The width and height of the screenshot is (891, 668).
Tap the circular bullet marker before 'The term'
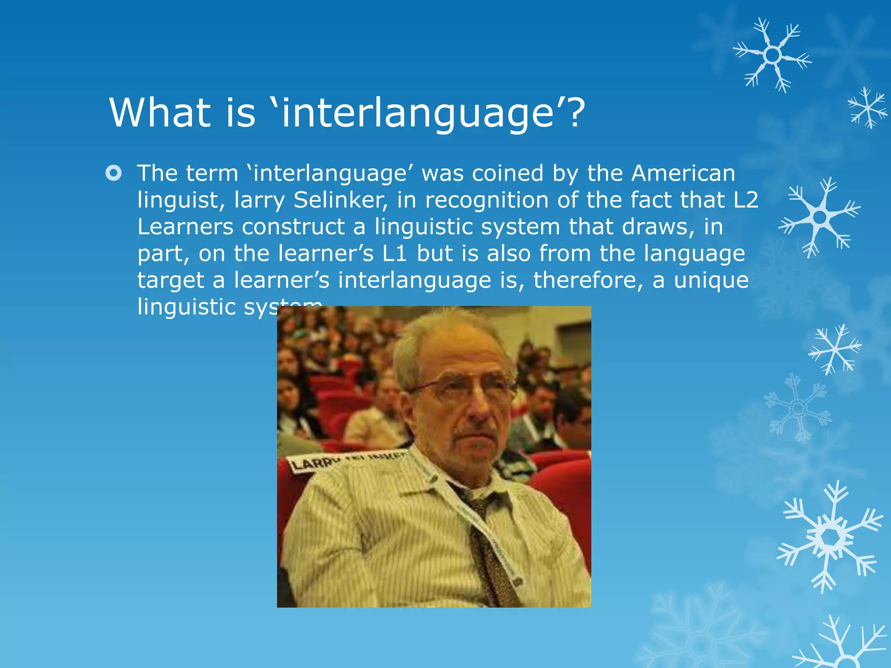(114, 173)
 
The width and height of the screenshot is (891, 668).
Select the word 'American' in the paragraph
(683, 173)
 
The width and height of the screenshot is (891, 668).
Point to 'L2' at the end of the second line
(746, 200)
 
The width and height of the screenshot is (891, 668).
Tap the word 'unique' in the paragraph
(711, 280)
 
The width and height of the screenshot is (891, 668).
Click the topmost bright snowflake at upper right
(772, 55)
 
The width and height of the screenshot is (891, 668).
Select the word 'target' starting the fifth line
(171, 281)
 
